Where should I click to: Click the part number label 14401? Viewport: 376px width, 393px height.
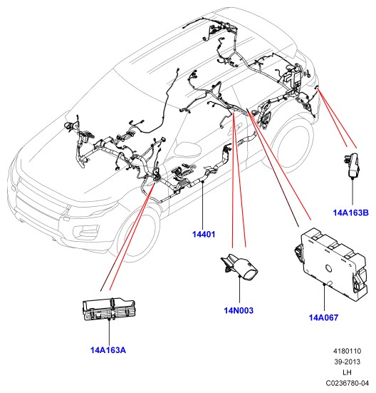click(204, 235)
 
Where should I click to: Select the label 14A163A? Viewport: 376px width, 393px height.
click(108, 350)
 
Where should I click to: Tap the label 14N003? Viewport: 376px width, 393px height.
click(239, 310)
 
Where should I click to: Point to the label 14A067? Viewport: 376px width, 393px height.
click(323, 317)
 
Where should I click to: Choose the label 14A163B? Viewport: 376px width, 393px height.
click(351, 213)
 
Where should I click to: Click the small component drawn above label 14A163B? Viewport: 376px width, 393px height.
click(352, 165)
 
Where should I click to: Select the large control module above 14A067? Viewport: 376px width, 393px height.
click(331, 264)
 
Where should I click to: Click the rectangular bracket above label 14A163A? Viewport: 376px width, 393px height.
click(109, 310)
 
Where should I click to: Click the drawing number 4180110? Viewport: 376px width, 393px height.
click(347, 351)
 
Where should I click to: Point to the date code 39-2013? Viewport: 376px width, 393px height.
click(348, 362)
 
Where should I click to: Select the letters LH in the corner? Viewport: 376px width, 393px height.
click(348, 372)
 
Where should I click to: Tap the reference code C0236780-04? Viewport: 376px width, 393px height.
click(348, 383)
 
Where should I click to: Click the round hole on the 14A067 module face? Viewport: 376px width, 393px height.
click(328, 268)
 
